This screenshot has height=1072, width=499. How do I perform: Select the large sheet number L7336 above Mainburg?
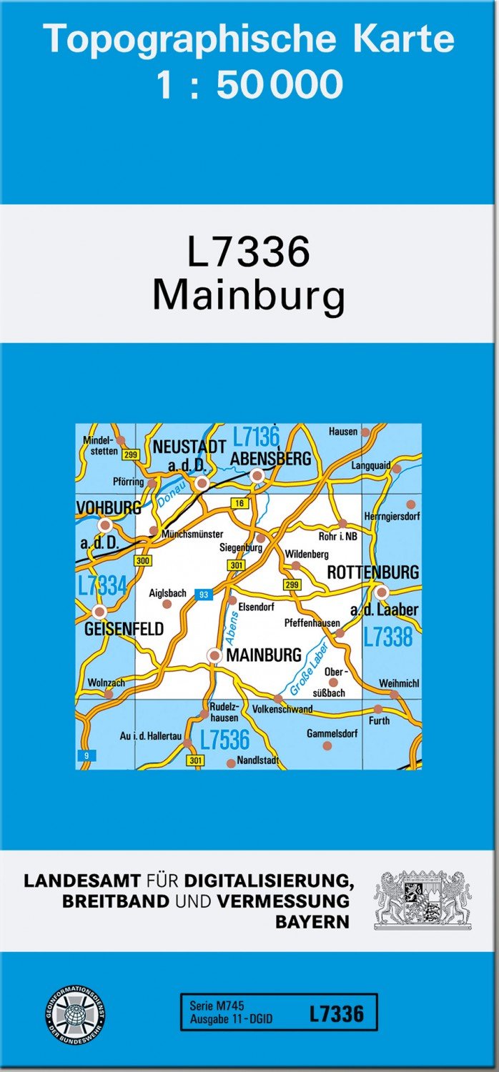249,252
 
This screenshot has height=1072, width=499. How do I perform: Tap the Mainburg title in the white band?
249,295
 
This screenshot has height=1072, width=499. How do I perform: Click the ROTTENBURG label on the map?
372,572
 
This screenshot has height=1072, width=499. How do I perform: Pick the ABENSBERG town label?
271,459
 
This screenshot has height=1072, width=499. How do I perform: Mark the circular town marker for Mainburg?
214,655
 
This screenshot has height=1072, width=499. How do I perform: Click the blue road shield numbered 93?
204,595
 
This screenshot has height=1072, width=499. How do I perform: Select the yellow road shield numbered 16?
239,504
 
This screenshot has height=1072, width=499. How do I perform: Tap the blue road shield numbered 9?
86,755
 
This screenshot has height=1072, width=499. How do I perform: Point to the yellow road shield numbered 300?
142,561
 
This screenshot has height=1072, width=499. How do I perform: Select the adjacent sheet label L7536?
224,739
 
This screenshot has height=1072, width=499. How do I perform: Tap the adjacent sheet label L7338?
387,636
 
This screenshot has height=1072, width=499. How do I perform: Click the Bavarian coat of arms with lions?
423,900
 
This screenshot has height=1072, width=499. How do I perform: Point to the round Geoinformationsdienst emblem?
76,1013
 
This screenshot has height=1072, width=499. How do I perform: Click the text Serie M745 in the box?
217,1006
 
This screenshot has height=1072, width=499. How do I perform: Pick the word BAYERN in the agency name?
312,921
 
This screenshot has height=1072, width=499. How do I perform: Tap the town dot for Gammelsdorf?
327,745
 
